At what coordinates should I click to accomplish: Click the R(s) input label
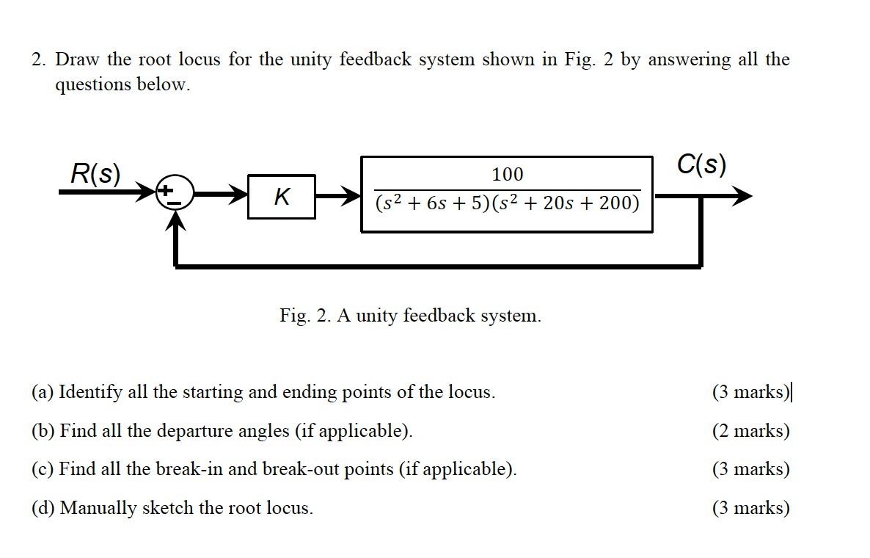(95, 174)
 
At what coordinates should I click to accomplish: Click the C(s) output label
(702, 164)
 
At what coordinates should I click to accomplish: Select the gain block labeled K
(282, 197)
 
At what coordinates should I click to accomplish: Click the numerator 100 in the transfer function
(507, 175)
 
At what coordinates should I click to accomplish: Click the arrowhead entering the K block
(238, 196)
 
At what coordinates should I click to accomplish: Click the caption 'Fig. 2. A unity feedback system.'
(410, 316)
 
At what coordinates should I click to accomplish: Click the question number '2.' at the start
(40, 59)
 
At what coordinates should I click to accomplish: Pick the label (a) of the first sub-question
(42, 392)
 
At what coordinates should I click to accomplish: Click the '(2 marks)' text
(750, 431)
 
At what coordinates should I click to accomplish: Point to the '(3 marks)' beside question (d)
(750, 508)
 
